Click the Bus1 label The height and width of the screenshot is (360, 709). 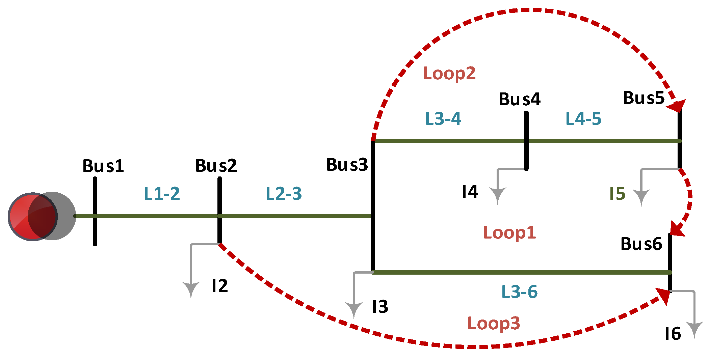[x=103, y=166]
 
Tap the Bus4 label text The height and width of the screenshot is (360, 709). [x=520, y=99]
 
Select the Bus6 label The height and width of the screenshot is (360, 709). [x=641, y=244]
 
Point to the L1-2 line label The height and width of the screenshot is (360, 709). [x=162, y=194]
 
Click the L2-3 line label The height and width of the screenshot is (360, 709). [x=284, y=194]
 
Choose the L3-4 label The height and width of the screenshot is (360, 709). [x=443, y=119]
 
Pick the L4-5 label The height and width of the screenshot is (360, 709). [x=584, y=119]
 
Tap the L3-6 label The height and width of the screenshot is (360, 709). [x=520, y=292]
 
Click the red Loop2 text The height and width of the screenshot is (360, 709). [x=449, y=74]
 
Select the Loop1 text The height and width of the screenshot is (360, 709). [x=509, y=233]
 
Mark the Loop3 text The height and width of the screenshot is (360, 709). [x=494, y=324]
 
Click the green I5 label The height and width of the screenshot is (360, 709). [x=618, y=194]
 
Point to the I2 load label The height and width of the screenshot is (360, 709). [x=220, y=286]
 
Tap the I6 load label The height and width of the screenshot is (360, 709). [x=673, y=334]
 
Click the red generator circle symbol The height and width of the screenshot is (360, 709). [x=33, y=217]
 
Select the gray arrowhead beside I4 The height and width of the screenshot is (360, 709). [x=498, y=195]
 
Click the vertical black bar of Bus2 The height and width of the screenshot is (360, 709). [x=220, y=209]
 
